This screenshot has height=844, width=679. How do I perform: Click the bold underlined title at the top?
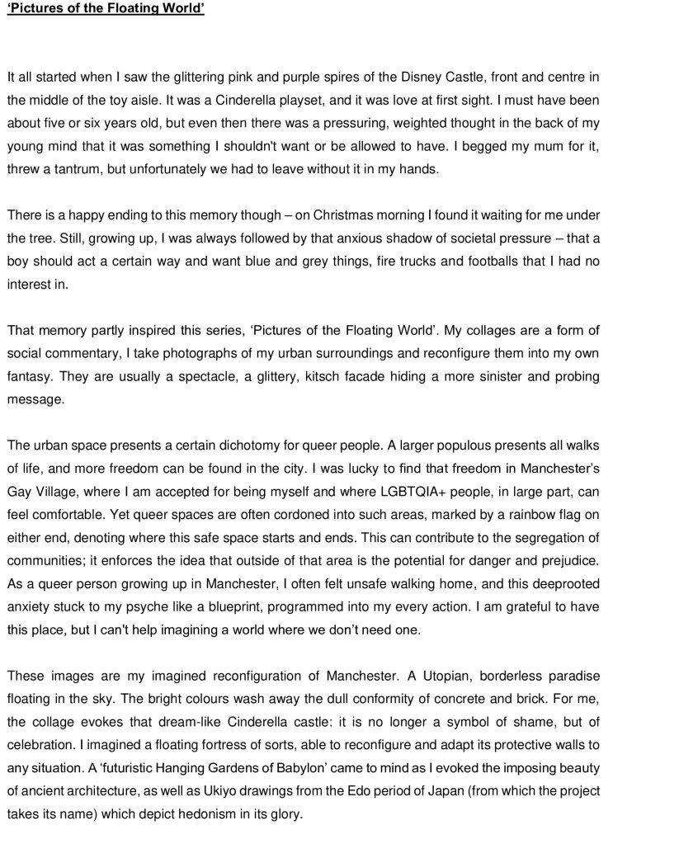[105, 11]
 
